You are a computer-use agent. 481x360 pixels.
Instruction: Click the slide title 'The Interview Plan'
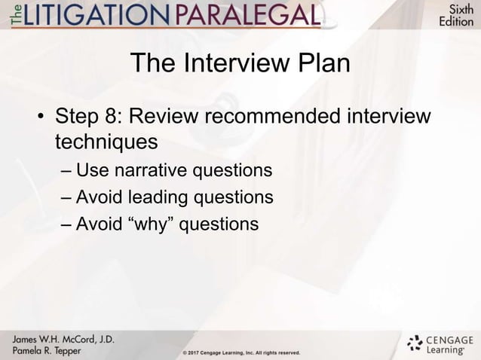(240, 64)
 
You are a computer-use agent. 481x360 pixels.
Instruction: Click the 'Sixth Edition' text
(457, 15)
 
